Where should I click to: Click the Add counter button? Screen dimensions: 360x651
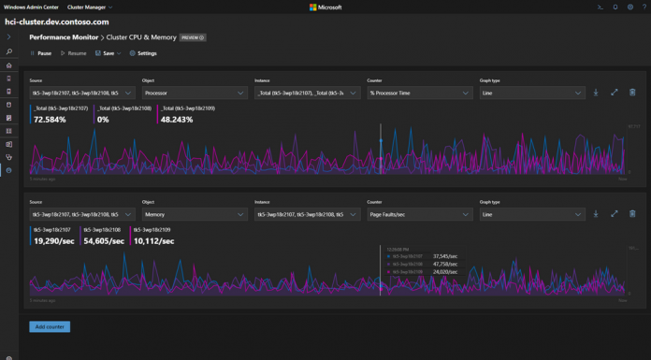point(50,326)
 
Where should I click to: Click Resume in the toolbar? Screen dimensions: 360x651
point(75,53)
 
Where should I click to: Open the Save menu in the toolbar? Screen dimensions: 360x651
point(109,53)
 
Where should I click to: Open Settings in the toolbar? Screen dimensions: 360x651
point(143,53)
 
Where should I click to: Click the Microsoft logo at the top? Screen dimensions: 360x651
point(325,7)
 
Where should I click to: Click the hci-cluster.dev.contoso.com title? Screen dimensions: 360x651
point(56,21)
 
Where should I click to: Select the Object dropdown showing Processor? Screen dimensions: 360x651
point(194,93)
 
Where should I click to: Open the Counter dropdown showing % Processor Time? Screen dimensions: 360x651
point(419,93)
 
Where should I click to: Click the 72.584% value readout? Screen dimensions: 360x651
point(50,120)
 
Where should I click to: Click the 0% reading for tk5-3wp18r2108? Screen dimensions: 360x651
point(103,120)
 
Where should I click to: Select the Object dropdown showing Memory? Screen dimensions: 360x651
point(194,214)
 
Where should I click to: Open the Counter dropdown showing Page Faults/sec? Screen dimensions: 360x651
point(419,214)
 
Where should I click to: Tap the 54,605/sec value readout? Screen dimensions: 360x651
point(104,241)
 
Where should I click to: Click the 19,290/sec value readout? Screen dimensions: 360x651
point(52,241)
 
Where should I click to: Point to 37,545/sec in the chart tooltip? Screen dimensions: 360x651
point(447,256)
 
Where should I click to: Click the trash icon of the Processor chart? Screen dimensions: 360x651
point(632,93)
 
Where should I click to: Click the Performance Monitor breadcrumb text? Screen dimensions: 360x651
point(66,37)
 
